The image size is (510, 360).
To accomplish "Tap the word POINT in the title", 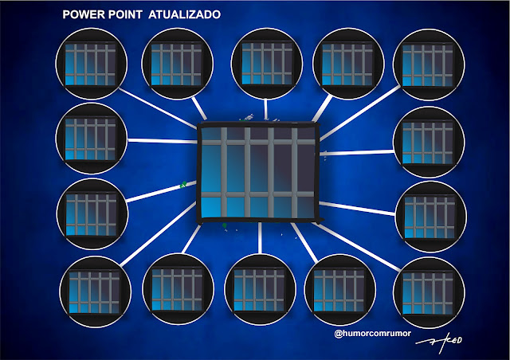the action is (123, 15).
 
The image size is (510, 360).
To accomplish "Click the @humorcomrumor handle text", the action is (373, 335).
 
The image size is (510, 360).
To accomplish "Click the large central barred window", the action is (258, 170).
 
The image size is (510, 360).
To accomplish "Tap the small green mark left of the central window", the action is (184, 185).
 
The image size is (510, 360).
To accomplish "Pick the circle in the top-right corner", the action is (430, 61).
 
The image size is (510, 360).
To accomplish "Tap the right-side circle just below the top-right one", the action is (427, 138).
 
